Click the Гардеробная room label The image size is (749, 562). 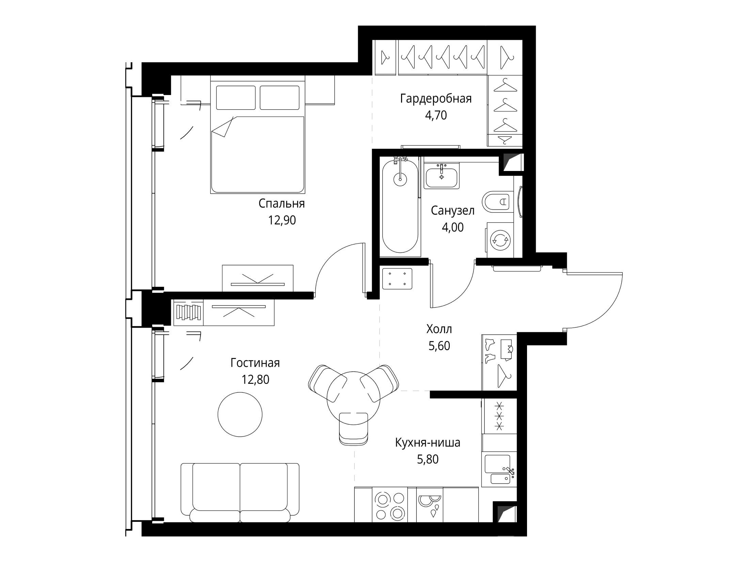coord(436,99)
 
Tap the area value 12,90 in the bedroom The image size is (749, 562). coord(282,220)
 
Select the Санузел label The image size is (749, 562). coord(452,211)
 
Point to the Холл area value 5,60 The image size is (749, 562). coord(439,346)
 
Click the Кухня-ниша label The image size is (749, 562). coord(428,443)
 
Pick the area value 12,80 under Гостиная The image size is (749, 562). coord(255,379)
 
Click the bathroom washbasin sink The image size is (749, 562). coord(442,175)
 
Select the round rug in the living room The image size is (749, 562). coord(240,414)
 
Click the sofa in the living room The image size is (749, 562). coord(240,493)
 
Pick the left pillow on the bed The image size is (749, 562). coord(236,98)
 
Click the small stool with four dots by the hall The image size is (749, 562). coord(397,279)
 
